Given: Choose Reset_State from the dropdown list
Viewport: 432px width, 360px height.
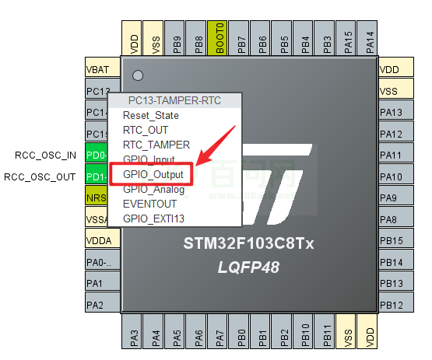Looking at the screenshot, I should point(150,115).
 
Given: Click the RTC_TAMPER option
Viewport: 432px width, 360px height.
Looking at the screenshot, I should point(156,145).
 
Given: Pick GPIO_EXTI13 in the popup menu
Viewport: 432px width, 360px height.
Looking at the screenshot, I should point(153,218).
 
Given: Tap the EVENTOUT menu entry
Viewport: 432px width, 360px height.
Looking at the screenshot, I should point(151,204).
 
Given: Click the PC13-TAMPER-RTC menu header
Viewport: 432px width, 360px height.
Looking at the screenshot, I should point(174,100).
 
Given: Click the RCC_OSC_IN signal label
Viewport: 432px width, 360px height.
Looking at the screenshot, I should point(45,155).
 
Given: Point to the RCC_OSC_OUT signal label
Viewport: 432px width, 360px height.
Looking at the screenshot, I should point(40,177).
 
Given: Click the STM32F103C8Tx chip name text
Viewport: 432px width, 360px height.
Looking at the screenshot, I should point(248,244).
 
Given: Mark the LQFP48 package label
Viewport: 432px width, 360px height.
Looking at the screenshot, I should point(248,267).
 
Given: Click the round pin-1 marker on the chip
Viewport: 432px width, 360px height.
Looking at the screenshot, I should point(138,76).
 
